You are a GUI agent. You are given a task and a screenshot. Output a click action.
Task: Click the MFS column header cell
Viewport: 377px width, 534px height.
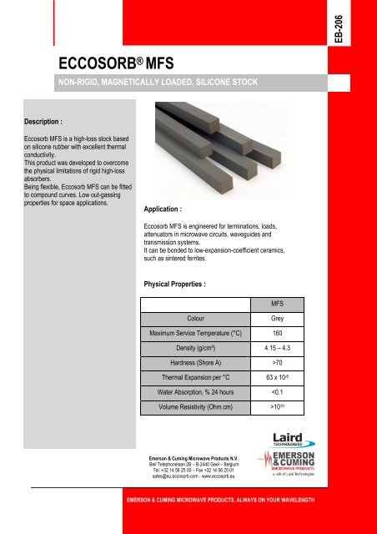click(276, 305)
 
